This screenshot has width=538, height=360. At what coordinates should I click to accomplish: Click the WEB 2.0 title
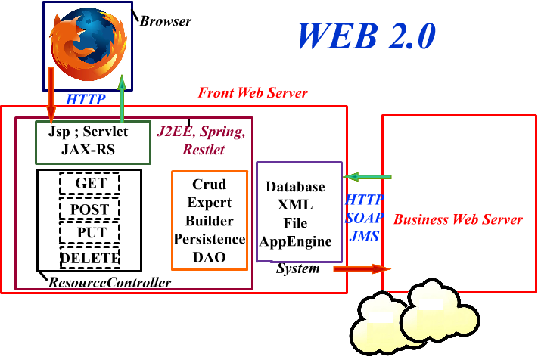366,36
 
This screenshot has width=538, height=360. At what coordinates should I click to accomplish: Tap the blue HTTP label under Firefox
86,99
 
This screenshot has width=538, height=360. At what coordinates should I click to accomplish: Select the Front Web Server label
253,93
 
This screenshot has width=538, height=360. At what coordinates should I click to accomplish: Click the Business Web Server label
458,220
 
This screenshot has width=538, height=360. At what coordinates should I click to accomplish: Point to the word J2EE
175,132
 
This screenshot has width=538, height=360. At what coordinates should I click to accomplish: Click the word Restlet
204,150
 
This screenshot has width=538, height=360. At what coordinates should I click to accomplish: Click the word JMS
364,236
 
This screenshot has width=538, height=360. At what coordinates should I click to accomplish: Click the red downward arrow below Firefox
51,95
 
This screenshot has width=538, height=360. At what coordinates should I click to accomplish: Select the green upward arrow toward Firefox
121,99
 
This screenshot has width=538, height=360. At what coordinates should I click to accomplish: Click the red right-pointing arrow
362,268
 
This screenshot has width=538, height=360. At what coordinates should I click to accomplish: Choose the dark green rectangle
93,142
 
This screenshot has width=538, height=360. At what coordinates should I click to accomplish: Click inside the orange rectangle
210,220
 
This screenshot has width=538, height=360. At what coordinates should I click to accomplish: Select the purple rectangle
299,212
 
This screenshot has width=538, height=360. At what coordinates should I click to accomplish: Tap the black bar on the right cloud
431,305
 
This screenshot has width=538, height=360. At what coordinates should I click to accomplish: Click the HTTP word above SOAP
364,201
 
